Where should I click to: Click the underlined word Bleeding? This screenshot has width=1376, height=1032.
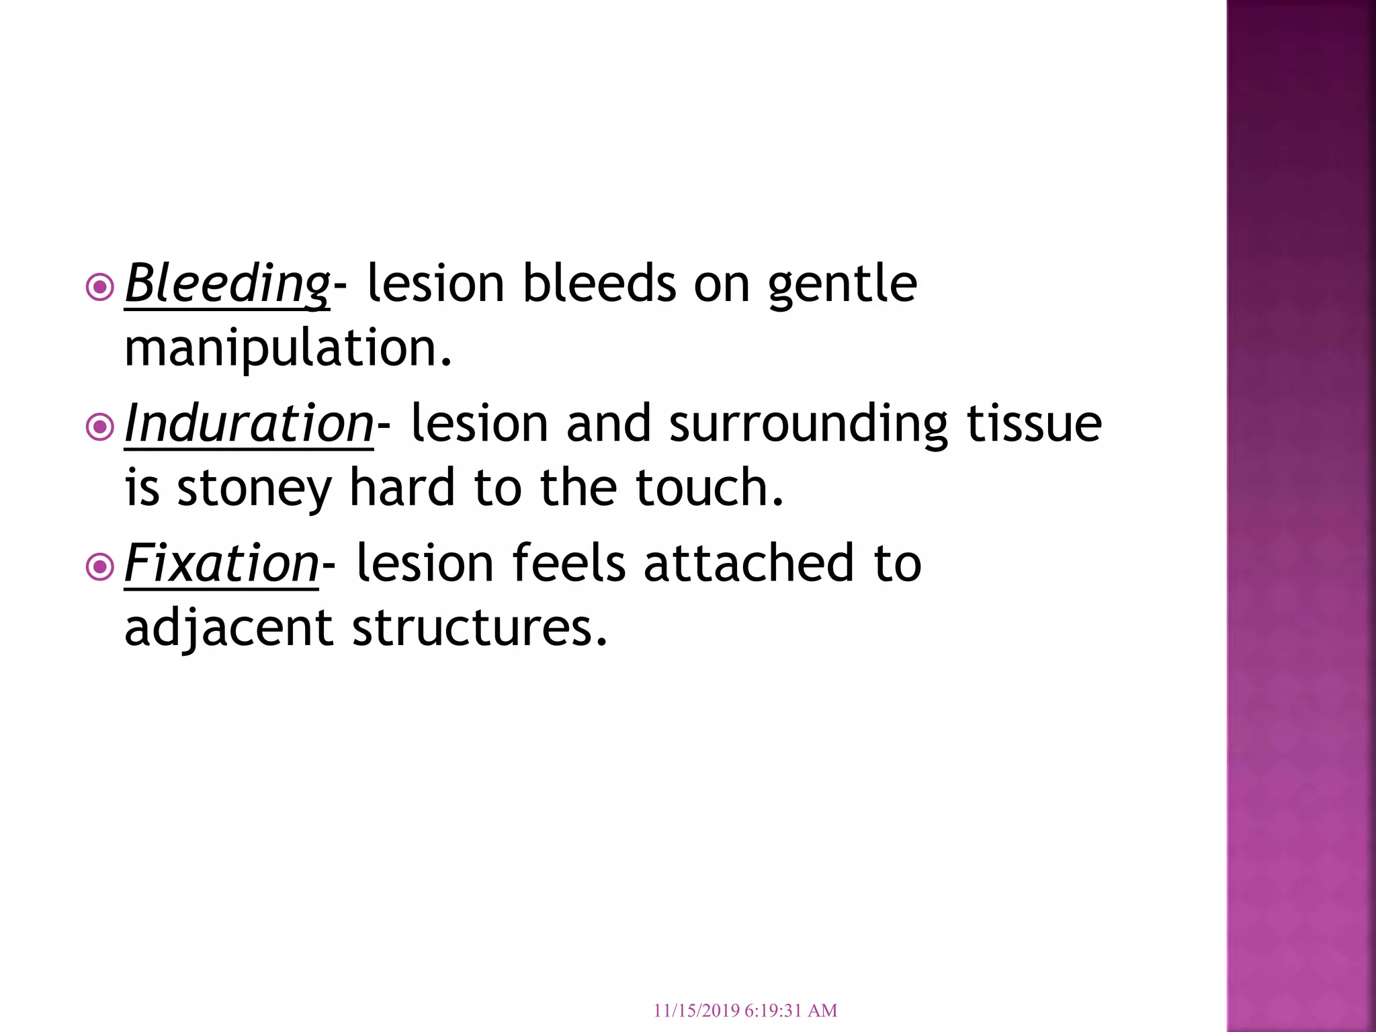227,284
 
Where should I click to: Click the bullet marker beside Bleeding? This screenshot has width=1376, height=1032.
100,288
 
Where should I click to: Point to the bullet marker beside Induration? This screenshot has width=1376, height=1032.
100,427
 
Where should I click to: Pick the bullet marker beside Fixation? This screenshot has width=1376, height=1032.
100,567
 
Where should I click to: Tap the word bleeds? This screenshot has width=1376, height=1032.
599,284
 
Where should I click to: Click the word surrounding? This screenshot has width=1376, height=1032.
808,425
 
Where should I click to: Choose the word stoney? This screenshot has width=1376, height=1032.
254,489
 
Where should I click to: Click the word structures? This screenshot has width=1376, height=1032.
479,628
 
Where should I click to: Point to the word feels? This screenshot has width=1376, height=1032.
569,563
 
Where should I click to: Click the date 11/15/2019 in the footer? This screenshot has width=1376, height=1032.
696,1010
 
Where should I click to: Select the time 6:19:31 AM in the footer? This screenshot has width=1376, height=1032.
791,1010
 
